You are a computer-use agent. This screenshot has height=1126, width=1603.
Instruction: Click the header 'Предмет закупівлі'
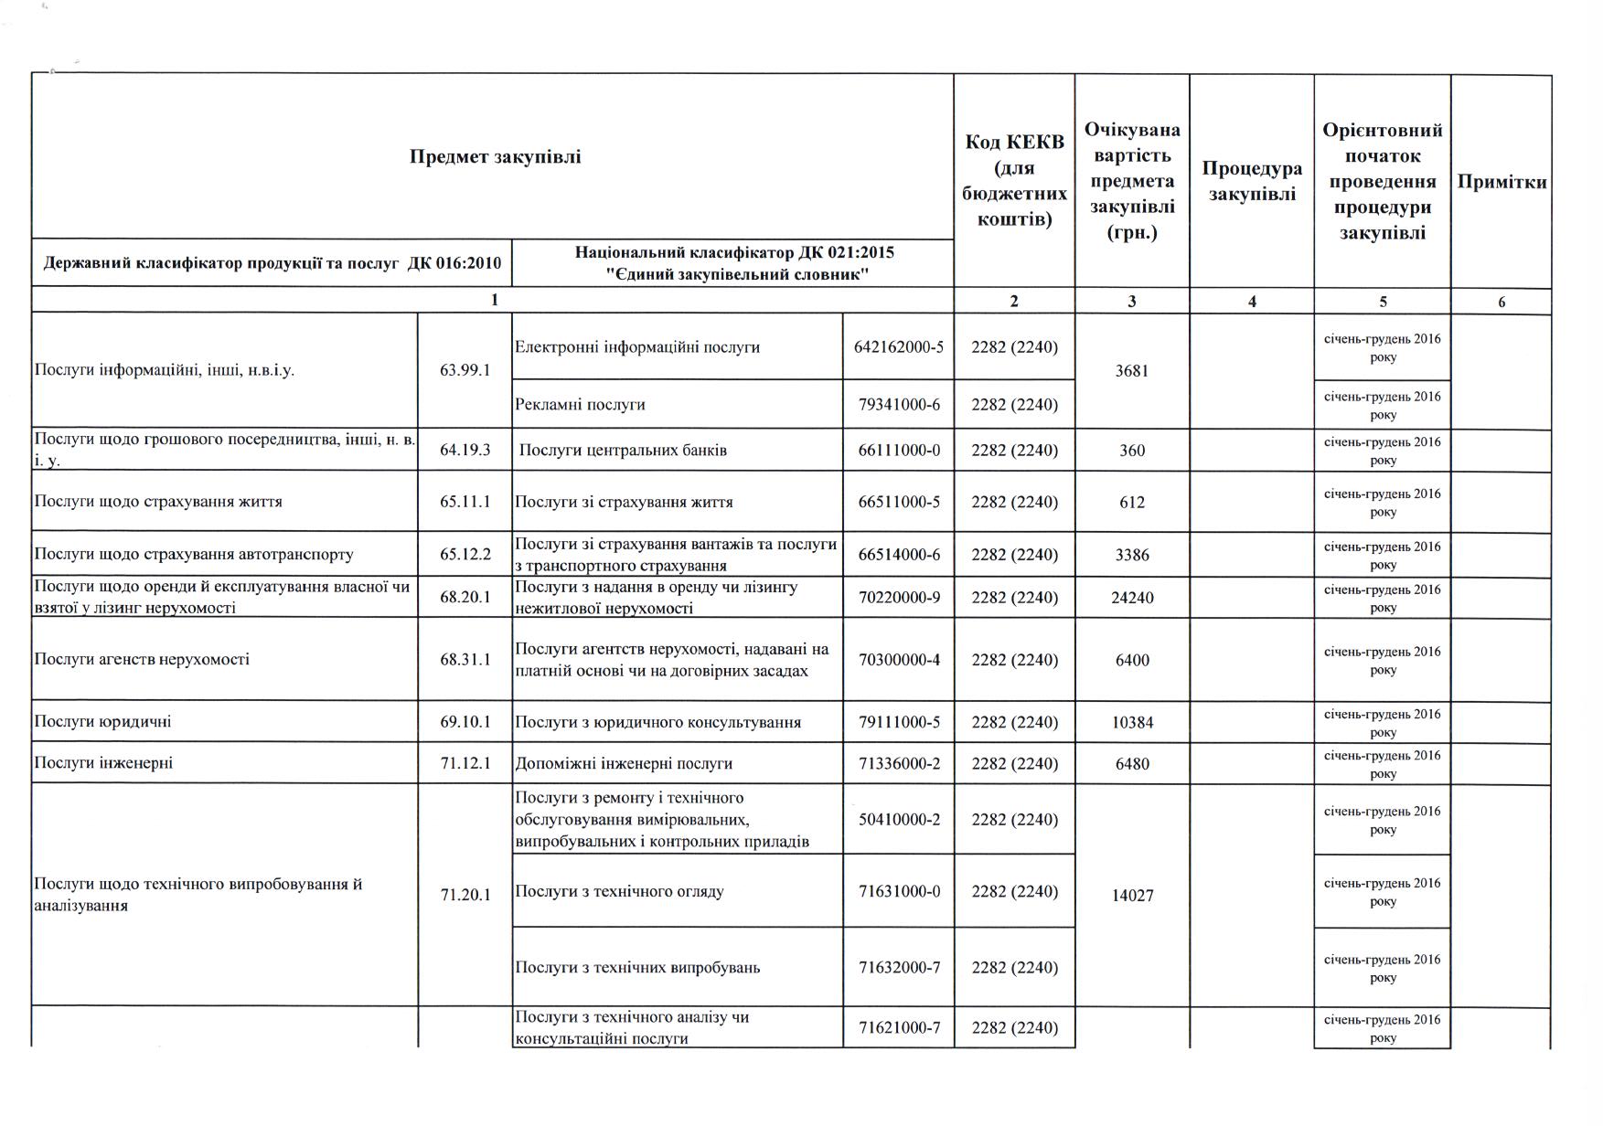tap(495, 156)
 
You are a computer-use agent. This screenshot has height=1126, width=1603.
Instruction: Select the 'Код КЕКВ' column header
tap(1014, 180)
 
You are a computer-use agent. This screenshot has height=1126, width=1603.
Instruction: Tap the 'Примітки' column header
tap(1501, 181)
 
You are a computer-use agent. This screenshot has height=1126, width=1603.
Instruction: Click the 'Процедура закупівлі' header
tap(1251, 181)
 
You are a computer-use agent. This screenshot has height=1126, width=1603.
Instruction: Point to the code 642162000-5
tap(898, 347)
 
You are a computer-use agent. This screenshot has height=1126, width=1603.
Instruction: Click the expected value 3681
tap(1132, 371)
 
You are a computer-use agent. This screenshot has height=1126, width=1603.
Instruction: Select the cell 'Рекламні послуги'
tap(581, 404)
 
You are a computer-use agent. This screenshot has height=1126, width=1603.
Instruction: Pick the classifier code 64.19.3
tap(465, 450)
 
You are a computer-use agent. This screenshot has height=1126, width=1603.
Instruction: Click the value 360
tap(1132, 451)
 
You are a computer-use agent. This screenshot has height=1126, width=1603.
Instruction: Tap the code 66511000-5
tap(898, 502)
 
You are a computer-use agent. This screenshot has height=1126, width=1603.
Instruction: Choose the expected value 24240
tap(1132, 598)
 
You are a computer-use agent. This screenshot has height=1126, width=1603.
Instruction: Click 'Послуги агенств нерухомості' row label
tap(142, 659)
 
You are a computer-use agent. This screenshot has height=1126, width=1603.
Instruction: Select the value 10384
tap(1132, 722)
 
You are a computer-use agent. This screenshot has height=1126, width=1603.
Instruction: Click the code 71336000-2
tap(898, 763)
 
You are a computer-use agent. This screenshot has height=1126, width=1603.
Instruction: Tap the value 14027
tap(1132, 896)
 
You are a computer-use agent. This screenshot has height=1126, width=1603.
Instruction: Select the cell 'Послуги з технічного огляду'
tap(619, 891)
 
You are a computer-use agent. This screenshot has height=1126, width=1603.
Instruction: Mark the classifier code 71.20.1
tap(465, 895)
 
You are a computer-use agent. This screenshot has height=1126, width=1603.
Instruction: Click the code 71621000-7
tap(898, 1028)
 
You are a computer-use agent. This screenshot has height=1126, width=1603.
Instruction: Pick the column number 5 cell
tap(1382, 302)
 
